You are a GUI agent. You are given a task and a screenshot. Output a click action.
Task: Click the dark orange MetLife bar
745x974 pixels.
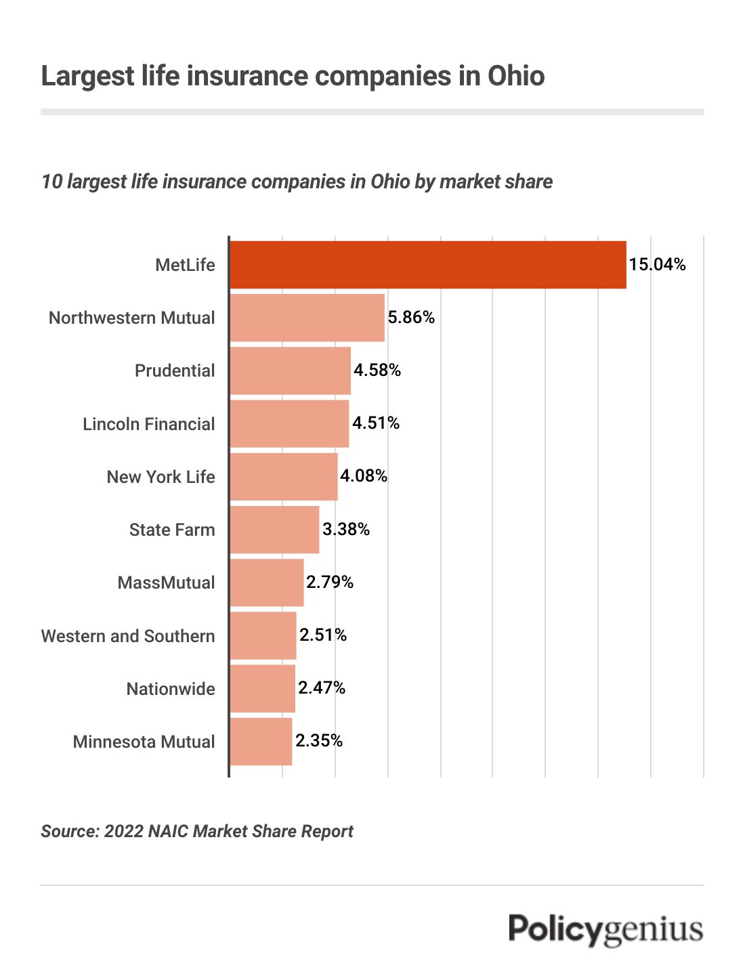(428, 265)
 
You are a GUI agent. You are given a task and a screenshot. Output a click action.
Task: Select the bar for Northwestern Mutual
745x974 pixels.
(307, 318)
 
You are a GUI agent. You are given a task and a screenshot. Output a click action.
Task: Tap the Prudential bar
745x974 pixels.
(291, 370)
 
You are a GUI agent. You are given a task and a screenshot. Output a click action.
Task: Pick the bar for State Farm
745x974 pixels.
(274, 530)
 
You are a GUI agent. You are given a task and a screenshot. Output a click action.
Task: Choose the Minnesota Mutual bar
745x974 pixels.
(261, 742)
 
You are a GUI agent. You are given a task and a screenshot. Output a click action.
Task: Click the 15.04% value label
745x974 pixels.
(657, 264)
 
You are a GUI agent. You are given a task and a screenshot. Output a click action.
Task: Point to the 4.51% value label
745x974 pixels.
(376, 423)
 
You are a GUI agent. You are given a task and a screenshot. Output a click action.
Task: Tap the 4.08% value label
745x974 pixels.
(364, 476)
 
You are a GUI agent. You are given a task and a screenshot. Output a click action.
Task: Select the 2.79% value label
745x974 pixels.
(330, 583)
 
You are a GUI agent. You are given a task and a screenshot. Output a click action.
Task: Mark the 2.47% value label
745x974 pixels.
(322, 688)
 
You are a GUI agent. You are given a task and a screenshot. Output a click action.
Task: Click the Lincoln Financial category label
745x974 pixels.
(148, 424)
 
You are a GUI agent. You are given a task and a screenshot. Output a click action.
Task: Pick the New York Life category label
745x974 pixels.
(161, 477)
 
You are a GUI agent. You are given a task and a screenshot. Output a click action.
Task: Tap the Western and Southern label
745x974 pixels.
(128, 636)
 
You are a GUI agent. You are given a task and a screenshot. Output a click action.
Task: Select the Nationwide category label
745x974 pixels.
(171, 689)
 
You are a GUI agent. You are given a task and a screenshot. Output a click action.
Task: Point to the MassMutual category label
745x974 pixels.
(166, 583)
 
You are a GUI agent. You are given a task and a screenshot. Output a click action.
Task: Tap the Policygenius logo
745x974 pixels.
(605, 929)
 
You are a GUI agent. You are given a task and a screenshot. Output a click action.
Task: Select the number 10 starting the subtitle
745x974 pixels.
(51, 182)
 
